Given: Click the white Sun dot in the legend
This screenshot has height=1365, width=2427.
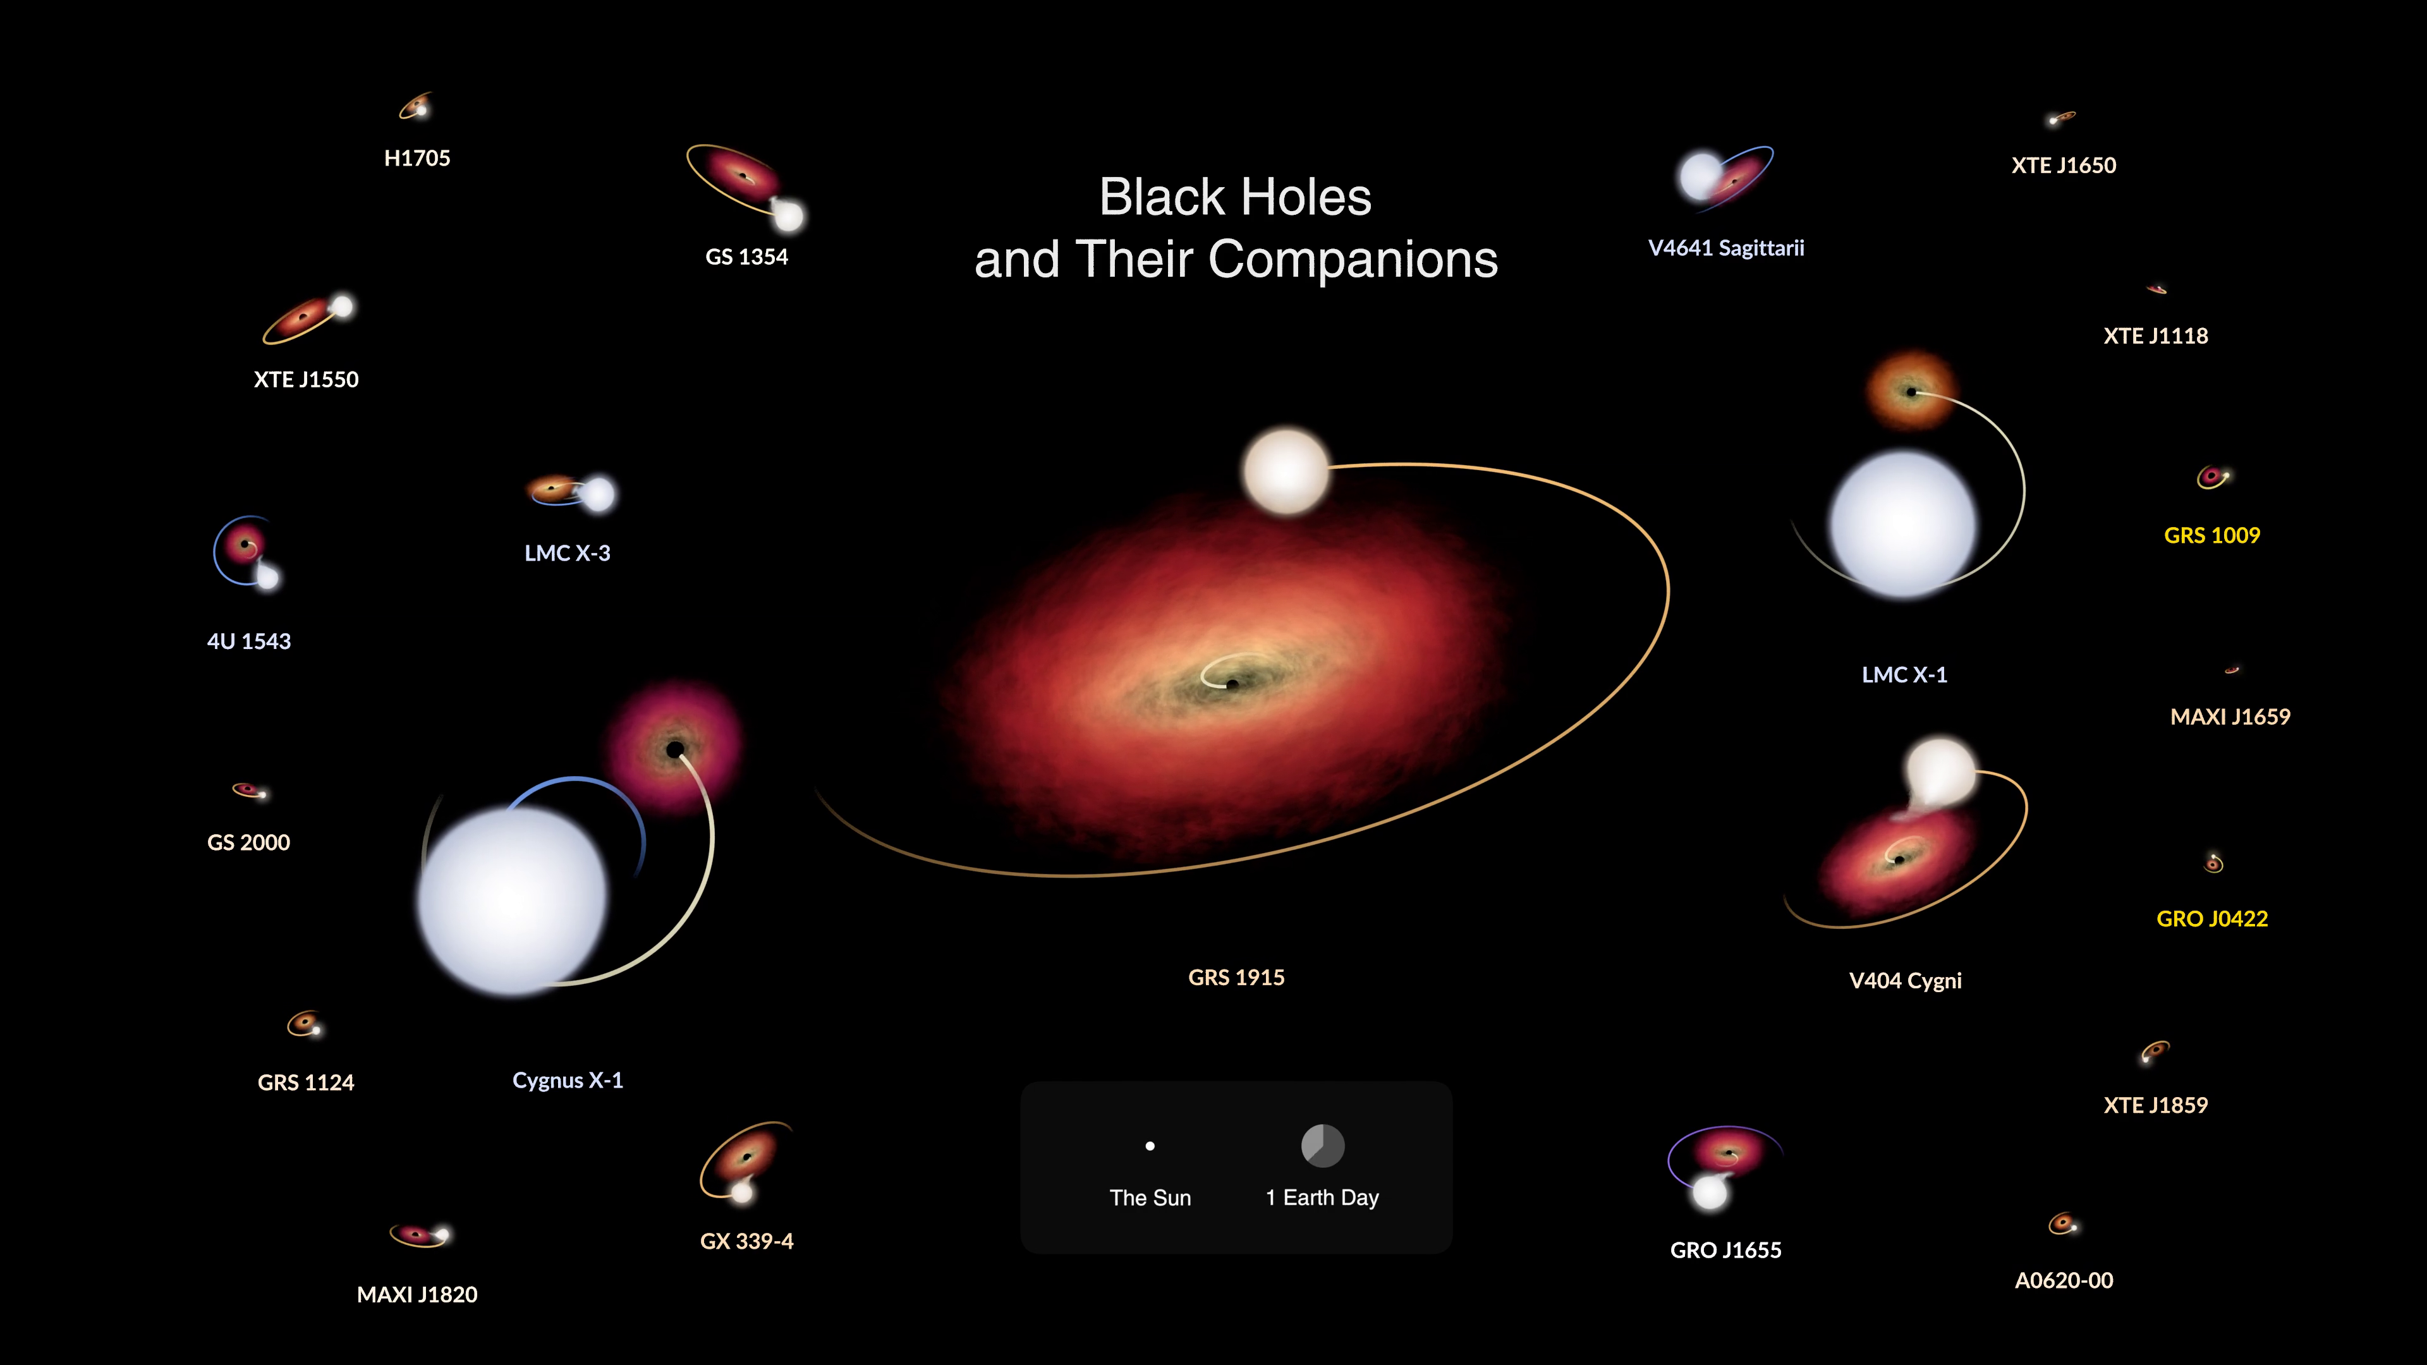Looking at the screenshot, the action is click(x=1150, y=1146).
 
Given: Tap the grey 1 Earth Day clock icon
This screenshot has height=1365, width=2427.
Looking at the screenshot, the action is click(x=1323, y=1146).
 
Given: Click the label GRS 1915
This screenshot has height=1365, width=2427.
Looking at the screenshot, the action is click(x=1236, y=978).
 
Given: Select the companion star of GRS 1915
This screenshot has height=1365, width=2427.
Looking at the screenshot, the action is click(x=1286, y=471).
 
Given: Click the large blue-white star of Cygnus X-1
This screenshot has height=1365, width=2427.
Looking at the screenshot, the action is click(x=513, y=900).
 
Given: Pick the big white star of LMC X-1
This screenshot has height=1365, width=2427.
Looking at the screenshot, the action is click(x=1903, y=524).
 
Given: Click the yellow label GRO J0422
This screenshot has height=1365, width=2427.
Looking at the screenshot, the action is click(x=2212, y=918).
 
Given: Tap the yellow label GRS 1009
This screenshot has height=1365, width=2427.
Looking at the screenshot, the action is click(x=2212, y=535).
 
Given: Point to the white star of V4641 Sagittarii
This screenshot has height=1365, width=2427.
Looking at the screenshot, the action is click(x=1701, y=175).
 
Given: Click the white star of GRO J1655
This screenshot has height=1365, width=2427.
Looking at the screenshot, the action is click(x=1710, y=1192).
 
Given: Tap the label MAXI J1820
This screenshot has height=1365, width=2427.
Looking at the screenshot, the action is click(x=417, y=1294).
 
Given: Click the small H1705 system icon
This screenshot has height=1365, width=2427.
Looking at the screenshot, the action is click(x=415, y=106).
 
